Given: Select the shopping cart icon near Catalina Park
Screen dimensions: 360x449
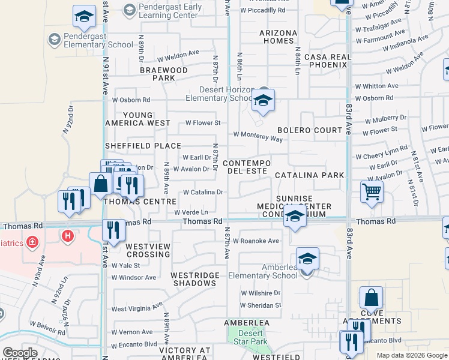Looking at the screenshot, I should (372, 193).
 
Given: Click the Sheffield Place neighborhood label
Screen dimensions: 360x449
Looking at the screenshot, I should (143, 146).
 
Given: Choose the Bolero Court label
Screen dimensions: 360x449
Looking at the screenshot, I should (309, 130).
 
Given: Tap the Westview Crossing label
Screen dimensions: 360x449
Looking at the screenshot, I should (148, 250).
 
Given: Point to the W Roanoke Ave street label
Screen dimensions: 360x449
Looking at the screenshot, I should (256, 241).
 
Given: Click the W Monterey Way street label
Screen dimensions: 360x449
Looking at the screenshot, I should (258, 137).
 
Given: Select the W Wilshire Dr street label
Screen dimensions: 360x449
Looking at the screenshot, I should (261, 293).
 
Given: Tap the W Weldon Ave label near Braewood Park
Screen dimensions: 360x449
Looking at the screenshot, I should (178, 53).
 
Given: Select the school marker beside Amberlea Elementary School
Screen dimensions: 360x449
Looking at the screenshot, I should (307, 259).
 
